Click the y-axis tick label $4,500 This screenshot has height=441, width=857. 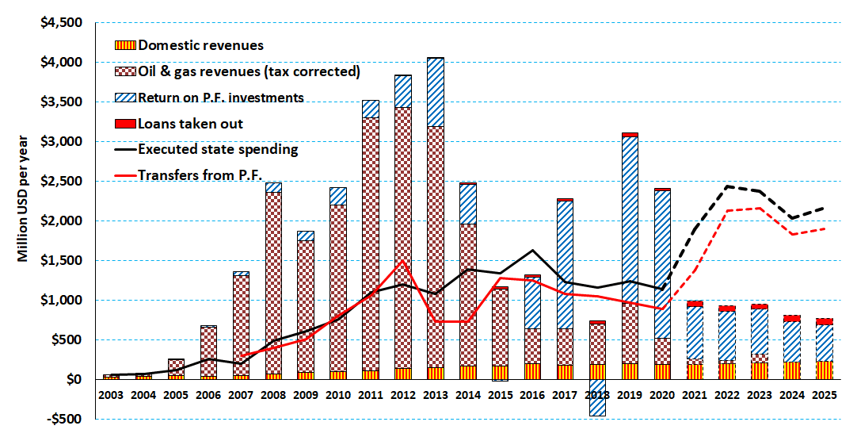(x=62, y=22)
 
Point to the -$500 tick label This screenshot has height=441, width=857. (x=64, y=419)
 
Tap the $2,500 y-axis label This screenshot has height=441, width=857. (x=62, y=181)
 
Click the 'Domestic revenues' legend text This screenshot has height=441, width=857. (x=200, y=46)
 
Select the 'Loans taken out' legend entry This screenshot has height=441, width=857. (x=190, y=123)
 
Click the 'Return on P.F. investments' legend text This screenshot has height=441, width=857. (x=220, y=98)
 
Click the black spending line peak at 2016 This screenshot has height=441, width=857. (x=533, y=251)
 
